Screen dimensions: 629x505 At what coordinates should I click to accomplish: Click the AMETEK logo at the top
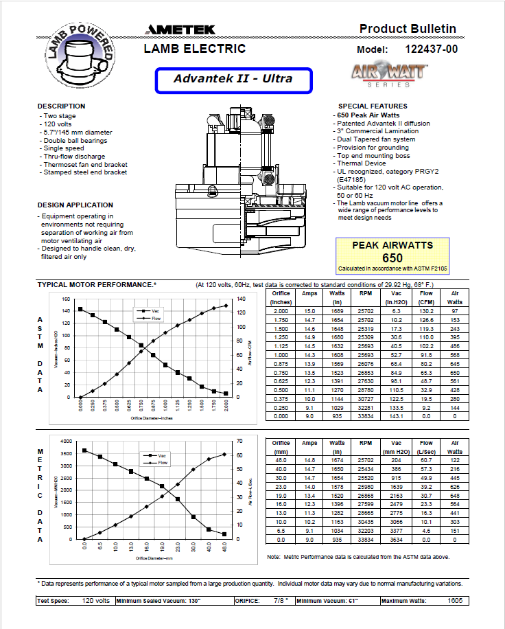click(180, 30)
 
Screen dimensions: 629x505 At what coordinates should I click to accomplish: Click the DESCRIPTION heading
click(61, 106)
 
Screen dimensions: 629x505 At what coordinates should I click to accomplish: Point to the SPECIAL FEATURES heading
click(373, 106)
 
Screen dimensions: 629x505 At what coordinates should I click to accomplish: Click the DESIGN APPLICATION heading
click(75, 205)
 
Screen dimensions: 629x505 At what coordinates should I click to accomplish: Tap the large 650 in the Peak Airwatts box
click(392, 258)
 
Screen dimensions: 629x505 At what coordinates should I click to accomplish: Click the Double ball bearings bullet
click(76, 140)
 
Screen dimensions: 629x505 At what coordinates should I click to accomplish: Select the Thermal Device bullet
click(362, 163)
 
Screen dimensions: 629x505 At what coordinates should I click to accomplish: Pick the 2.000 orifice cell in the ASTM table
click(281, 311)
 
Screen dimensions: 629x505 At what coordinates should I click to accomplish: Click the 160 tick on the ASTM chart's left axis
click(67, 299)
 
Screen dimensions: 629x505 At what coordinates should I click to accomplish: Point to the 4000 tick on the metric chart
click(65, 441)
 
